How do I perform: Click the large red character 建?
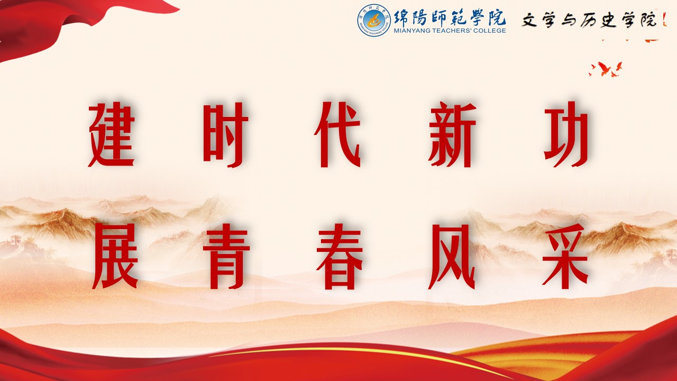tap(111, 134)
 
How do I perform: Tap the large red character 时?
tap(225, 135)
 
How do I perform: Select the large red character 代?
tap(337, 135)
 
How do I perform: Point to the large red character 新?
tap(452, 134)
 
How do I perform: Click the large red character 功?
tap(566, 135)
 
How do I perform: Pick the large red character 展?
tap(115, 257)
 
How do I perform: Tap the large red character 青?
tap(226, 257)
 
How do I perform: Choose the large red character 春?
tap(340, 257)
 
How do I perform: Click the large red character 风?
tap(452, 257)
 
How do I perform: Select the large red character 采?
tap(565, 257)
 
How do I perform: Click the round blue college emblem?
tap(374, 20)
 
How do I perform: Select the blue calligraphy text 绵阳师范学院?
tap(450, 17)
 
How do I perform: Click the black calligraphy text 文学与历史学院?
tap(589, 20)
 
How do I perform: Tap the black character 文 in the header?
tap(529, 20)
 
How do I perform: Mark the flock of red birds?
tap(606, 69)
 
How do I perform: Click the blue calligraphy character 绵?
tap(402, 17)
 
